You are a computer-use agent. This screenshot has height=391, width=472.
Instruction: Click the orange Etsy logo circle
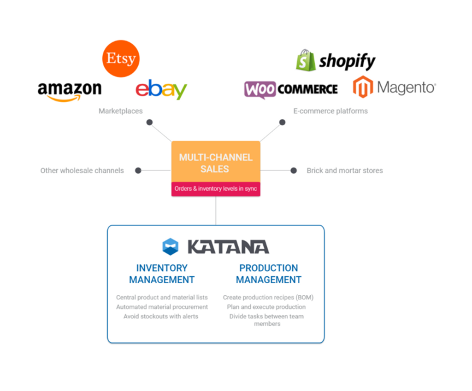click(120, 58)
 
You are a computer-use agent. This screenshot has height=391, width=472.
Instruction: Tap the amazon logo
click(70, 90)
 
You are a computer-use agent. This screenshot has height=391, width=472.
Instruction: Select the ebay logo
click(161, 89)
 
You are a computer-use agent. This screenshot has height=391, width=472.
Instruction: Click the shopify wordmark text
click(347, 61)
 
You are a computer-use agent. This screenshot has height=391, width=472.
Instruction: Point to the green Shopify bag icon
click(306, 60)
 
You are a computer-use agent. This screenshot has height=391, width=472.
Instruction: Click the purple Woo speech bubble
click(260, 89)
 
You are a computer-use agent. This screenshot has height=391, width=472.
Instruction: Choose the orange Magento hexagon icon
click(363, 87)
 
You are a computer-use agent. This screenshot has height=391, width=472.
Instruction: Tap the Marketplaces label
click(120, 111)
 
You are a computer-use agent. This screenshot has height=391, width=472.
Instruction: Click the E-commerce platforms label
click(330, 111)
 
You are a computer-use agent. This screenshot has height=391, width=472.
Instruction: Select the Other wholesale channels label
click(82, 170)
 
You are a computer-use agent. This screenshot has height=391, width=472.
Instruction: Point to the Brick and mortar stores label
click(345, 170)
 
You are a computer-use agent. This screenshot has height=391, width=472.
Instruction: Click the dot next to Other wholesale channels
click(138, 170)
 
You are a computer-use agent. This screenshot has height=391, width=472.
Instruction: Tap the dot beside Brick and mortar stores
click(294, 170)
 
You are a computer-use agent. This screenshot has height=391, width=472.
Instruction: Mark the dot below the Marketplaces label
click(149, 123)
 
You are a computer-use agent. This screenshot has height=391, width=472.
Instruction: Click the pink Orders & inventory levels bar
click(216, 189)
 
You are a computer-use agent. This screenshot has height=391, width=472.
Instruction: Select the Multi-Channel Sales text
click(216, 163)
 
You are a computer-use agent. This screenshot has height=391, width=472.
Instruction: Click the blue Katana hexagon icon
click(170, 247)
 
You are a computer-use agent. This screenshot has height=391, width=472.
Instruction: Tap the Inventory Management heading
click(162, 274)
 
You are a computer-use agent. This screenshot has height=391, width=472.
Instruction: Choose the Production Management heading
click(268, 274)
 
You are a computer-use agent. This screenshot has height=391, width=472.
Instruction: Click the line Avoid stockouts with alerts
click(161, 316)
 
